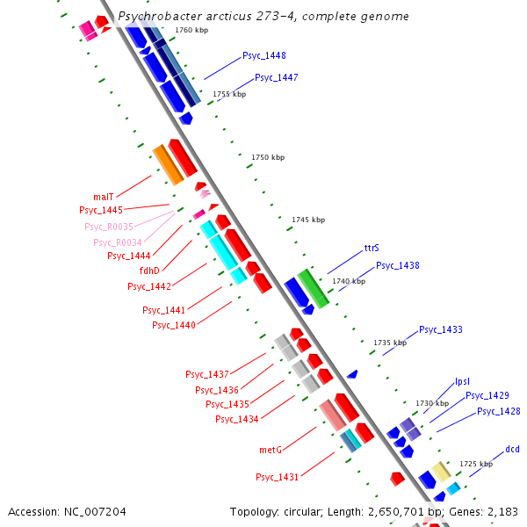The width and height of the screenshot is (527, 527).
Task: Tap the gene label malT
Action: (x=104, y=197)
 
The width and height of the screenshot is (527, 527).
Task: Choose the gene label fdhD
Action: (x=149, y=271)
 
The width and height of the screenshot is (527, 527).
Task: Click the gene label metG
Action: (x=270, y=450)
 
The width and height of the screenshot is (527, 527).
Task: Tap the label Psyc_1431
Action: (x=278, y=477)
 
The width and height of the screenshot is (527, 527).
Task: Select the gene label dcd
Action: (x=512, y=450)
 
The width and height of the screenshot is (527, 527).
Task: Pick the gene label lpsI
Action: (x=462, y=381)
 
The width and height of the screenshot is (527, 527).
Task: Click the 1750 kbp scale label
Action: (x=268, y=157)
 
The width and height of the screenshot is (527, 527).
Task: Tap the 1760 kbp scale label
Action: (x=191, y=30)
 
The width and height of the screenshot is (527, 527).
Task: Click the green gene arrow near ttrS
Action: (x=313, y=288)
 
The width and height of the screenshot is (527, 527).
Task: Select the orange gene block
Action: (x=167, y=164)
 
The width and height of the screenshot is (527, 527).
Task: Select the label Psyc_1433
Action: (x=440, y=329)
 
